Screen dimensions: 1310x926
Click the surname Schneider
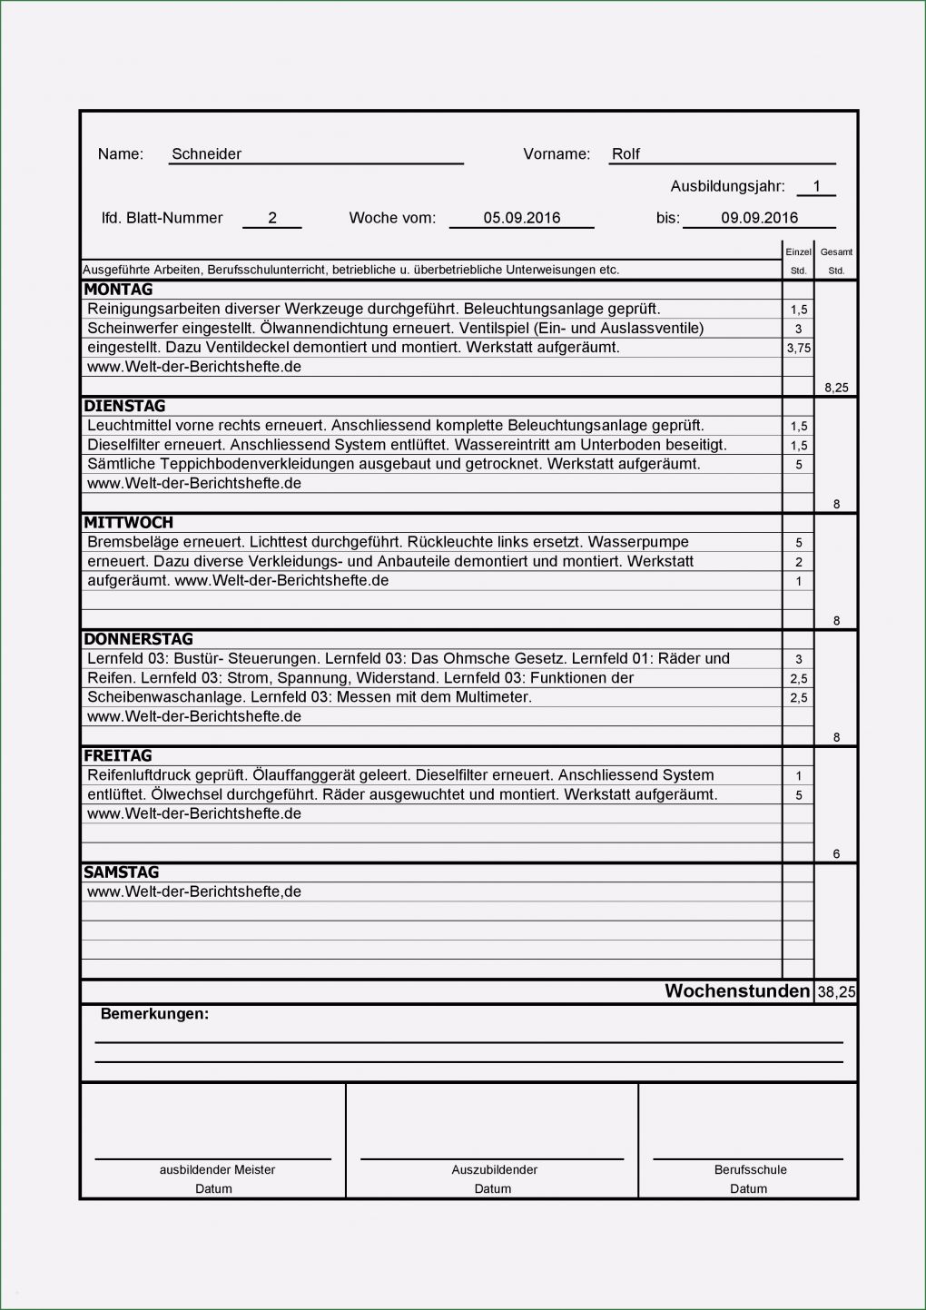(x=206, y=154)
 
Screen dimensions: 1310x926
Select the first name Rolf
(x=626, y=154)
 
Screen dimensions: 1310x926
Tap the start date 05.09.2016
(x=521, y=218)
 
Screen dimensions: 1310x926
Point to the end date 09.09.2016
(x=759, y=218)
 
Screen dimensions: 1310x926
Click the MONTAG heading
(x=118, y=290)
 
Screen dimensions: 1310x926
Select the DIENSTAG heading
(x=124, y=406)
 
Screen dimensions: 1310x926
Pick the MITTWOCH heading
(x=128, y=523)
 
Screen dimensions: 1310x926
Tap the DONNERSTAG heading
(x=138, y=639)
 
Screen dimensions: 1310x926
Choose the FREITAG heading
(x=118, y=755)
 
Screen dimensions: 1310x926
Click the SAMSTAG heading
(x=121, y=872)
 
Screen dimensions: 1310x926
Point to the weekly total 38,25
(x=836, y=992)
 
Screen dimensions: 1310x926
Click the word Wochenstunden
(x=737, y=991)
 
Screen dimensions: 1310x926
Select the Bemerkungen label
(x=154, y=1014)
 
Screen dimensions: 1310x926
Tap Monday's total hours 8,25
(x=836, y=388)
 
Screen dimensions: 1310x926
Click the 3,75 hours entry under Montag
(x=799, y=348)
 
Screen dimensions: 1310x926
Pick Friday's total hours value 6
(x=836, y=854)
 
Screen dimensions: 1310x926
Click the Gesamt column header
(x=836, y=252)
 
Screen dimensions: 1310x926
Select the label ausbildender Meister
(x=217, y=1170)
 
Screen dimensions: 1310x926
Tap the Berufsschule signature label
(x=750, y=1170)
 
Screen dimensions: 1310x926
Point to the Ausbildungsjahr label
(x=727, y=187)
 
